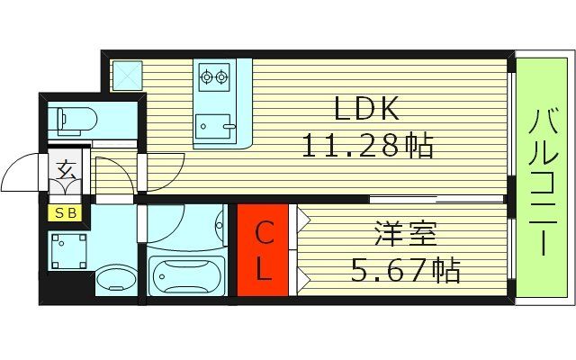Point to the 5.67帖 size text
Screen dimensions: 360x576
[405, 269]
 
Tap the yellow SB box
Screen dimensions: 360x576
[67, 213]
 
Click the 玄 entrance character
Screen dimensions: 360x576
[67, 168]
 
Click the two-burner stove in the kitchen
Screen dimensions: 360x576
[214, 77]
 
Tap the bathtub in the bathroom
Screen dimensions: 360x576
[187, 274]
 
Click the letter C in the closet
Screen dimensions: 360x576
[263, 236]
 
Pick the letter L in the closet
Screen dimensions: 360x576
[263, 271]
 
